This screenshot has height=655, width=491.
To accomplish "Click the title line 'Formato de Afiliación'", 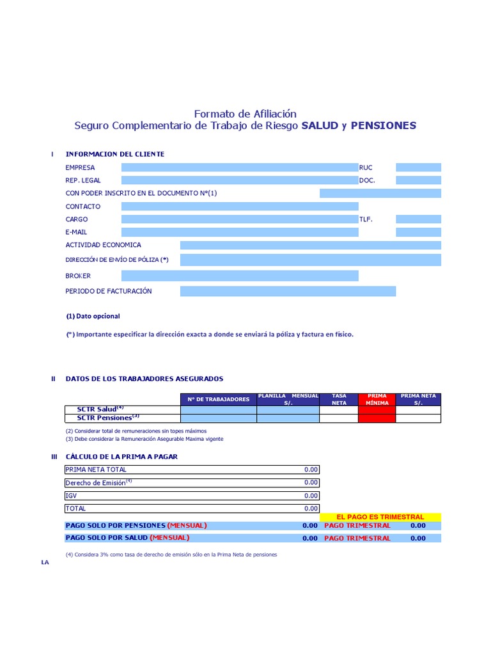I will (x=245, y=113).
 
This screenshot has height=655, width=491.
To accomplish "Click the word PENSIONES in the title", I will (x=383, y=125).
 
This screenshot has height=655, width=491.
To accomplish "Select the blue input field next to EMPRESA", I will (x=240, y=168).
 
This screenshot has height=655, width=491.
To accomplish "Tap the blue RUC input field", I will (x=418, y=168).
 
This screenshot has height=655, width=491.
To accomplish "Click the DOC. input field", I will (x=418, y=180).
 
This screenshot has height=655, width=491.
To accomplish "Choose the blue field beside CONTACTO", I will (x=240, y=207).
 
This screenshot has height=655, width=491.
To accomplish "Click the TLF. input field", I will (x=418, y=219).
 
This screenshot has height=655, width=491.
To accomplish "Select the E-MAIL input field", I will (x=240, y=232).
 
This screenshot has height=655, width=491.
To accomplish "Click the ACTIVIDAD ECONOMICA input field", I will (x=310, y=245).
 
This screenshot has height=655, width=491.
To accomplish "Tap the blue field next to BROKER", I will (x=240, y=276).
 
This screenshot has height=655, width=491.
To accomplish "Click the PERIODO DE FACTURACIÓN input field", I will (x=288, y=291).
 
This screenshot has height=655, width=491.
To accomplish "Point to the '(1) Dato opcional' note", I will (x=93, y=316).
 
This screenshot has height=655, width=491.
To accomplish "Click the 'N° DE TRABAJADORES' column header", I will (x=219, y=399).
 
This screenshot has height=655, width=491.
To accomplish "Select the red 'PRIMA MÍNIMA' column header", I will (x=377, y=399).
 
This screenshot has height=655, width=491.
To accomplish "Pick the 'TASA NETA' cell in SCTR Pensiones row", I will (x=339, y=418).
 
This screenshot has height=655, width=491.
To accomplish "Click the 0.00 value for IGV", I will (x=311, y=496).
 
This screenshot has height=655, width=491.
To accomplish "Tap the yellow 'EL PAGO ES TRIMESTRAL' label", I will (x=380, y=517).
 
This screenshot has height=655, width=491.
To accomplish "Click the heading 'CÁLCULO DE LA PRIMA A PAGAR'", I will (x=121, y=456).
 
